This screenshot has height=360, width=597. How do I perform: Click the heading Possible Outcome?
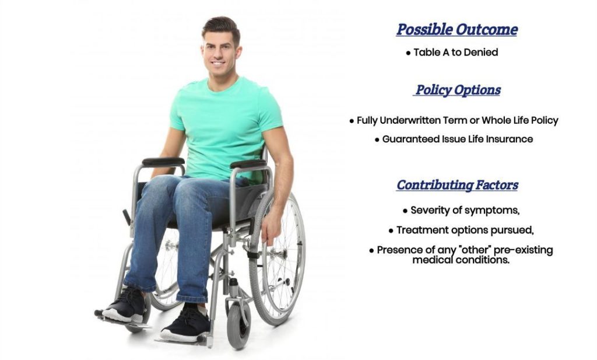coord(457,30)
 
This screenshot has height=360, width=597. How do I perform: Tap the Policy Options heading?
coord(458,90)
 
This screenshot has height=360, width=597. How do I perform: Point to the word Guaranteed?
coord(408,139)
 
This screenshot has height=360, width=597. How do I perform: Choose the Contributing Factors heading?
coord(458,186)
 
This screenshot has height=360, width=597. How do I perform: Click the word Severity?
coord(431,210)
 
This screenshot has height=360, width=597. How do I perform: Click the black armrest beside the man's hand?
coord(248,164)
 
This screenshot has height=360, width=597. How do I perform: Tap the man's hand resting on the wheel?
coord(271,226)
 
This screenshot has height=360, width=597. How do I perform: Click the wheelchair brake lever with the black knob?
coord(127,217)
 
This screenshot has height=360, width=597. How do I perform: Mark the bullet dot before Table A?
coord(408,53)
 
